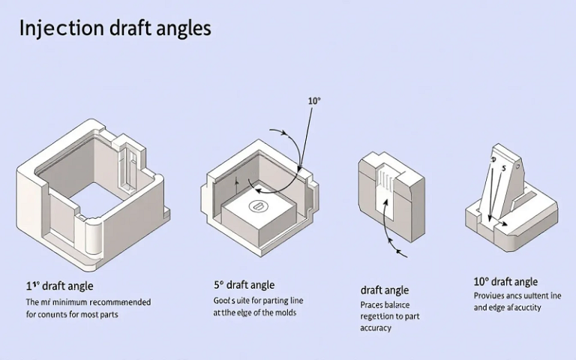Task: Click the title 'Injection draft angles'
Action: pyautogui.click(x=115, y=28)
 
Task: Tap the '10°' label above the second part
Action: pyautogui.click(x=314, y=100)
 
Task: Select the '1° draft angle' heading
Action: pyautogui.click(x=60, y=286)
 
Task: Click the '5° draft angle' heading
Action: pyautogui.click(x=244, y=285)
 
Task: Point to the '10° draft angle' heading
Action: pyautogui.click(x=505, y=282)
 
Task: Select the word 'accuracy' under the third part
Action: pyautogui.click(x=376, y=328)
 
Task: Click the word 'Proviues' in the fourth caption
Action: pyautogui.click(x=490, y=296)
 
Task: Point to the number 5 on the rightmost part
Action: pyautogui.click(x=504, y=167)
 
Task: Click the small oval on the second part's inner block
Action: pyautogui.click(x=257, y=205)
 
